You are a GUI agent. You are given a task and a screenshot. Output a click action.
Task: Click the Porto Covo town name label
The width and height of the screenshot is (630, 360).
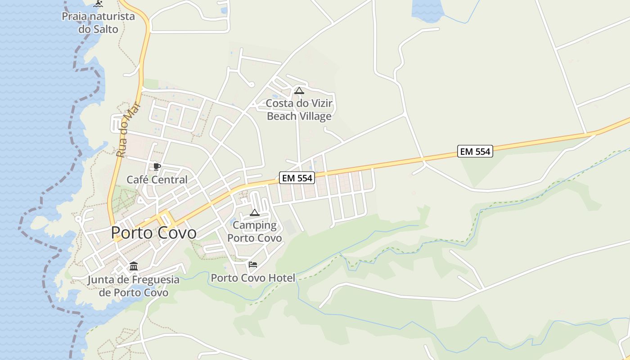coord(153,233)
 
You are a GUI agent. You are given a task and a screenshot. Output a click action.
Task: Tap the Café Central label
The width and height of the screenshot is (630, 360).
coord(157,180)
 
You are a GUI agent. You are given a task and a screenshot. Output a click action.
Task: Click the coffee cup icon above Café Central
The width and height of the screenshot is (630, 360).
coord(157,167)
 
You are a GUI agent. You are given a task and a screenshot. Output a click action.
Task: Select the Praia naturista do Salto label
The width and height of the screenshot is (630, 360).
coord(98,23)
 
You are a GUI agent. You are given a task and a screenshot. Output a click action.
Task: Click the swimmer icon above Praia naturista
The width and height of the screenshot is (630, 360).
coord(98,4)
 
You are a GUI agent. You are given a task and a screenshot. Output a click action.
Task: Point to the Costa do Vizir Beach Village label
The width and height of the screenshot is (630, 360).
coord(299,110)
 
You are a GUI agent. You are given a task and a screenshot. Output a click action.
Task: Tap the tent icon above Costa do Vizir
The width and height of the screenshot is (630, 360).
coord(299,90)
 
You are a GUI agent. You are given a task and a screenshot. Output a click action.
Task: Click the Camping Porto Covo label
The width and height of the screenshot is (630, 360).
coord(255,231)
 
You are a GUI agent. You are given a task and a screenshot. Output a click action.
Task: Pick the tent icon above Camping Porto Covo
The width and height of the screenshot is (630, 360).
coord(255,212)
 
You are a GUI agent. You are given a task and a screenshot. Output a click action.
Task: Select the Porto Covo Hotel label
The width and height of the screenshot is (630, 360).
coord(253,278)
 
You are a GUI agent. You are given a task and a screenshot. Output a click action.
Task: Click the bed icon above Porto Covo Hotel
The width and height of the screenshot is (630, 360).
coord(253,265)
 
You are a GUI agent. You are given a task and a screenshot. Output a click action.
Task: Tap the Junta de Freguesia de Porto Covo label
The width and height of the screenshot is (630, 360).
coord(133,286)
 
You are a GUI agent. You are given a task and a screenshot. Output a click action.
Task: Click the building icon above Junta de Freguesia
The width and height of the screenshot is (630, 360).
coord(134,266)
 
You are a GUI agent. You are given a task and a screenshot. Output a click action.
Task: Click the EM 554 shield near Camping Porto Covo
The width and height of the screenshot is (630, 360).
coord(297,178)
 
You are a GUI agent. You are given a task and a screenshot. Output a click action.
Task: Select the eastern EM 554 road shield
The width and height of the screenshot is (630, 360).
coord(475,152)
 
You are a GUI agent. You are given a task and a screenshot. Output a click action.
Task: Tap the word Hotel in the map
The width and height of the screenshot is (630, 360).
coord(282,278)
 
